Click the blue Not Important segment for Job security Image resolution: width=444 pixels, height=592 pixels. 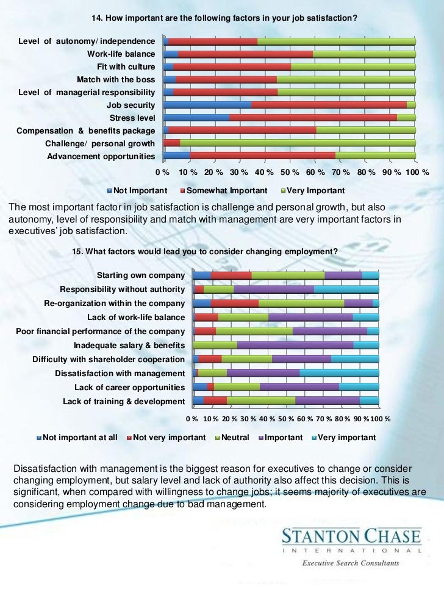coord(207,105)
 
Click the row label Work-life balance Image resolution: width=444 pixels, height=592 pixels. coord(121,54)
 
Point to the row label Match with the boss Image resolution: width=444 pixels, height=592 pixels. coord(116,79)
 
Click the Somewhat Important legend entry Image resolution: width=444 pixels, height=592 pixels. coord(227,190)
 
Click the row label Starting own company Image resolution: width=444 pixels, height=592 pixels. coord(141,276)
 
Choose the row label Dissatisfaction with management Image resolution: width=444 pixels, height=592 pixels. coord(120,373)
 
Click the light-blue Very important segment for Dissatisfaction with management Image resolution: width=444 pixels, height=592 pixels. coord(339,373)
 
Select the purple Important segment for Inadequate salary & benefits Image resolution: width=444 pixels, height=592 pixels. coord(295,345)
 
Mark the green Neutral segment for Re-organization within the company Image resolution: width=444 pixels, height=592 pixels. coord(301,303)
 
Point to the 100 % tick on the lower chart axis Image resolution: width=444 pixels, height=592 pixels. coord(379,419)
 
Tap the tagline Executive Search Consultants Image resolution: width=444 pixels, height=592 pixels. coord(351,563)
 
